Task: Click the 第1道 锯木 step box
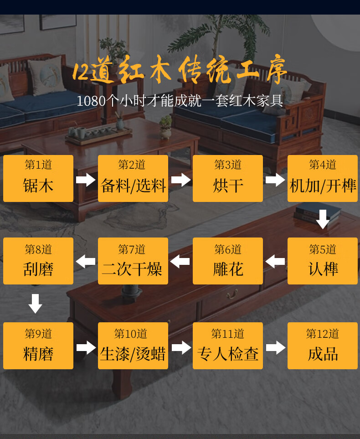click(x=38, y=178)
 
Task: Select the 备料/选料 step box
click(x=133, y=178)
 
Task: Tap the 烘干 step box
click(x=228, y=178)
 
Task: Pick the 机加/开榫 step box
click(x=323, y=178)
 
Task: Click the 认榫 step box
click(x=323, y=261)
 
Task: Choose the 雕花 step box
click(x=228, y=261)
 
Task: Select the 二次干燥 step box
click(x=133, y=261)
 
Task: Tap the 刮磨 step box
click(x=38, y=261)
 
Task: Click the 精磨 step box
click(x=38, y=346)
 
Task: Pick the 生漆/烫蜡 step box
click(x=133, y=346)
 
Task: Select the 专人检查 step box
click(x=228, y=346)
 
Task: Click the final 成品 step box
click(x=323, y=346)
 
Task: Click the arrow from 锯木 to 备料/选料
click(x=86, y=179)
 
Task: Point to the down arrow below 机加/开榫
click(x=323, y=219)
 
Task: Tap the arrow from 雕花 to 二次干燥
click(x=180, y=262)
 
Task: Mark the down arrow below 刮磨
click(x=36, y=304)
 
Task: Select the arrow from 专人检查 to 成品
click(x=275, y=347)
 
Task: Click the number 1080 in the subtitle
click(x=91, y=101)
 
